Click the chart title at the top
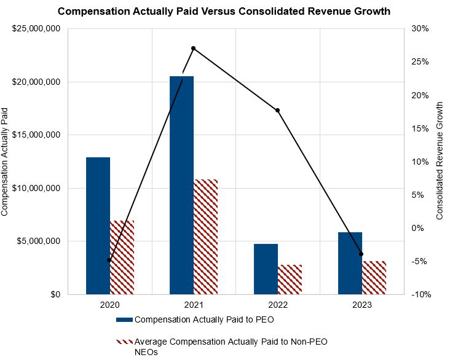pos(224,11)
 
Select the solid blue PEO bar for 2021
pos(181,184)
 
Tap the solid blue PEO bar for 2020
pos(98,225)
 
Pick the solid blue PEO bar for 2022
pos(266,268)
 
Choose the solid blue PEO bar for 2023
pos(350,263)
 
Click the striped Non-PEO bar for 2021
pos(205,237)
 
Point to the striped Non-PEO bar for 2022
pos(290,279)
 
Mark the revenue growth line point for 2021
pos(194,48)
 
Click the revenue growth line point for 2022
pos(277,111)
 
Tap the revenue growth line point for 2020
pos(109,260)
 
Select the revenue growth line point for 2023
pos(361,254)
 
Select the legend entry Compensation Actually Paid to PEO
pos(203,319)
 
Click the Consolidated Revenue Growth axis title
pos(440,162)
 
